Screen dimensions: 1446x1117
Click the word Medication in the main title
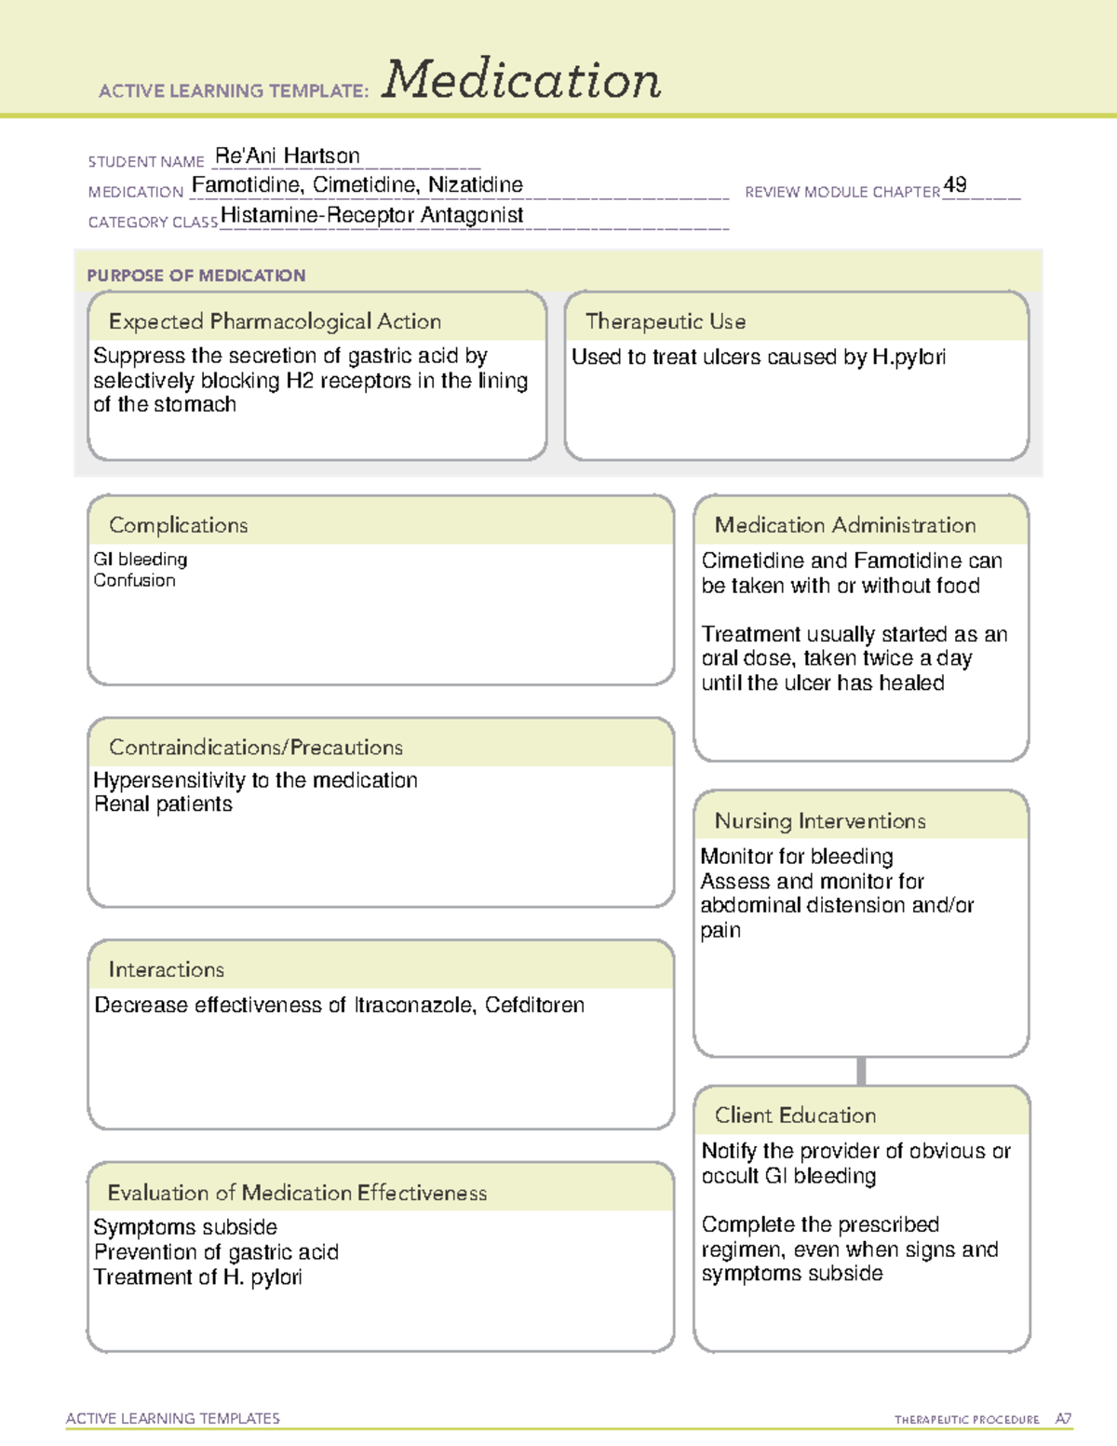coord(521,80)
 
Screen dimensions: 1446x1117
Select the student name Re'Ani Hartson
coord(287,155)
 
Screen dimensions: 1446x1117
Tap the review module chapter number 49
coord(955,184)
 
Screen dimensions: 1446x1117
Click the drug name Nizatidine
coord(475,185)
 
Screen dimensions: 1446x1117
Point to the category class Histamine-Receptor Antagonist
coord(371,215)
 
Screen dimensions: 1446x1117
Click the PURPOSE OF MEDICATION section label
coord(195,276)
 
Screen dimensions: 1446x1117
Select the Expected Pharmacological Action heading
coord(275,321)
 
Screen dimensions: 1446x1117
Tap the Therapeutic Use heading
coord(665,321)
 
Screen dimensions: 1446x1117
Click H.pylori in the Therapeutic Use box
coord(908,358)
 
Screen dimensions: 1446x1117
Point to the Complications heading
coord(178,525)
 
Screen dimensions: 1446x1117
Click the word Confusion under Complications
coord(134,580)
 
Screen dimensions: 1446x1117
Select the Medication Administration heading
coord(844,525)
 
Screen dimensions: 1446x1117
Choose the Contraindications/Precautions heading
coord(255,748)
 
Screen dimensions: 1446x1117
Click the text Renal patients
coord(163,804)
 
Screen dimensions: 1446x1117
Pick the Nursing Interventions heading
coord(819,821)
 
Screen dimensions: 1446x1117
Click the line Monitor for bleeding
coord(796,857)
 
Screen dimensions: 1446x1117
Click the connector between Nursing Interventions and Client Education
coord(861,1071)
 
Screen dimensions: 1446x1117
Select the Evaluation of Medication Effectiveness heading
coord(297,1193)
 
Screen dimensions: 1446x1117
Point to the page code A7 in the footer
coord(1062,1419)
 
